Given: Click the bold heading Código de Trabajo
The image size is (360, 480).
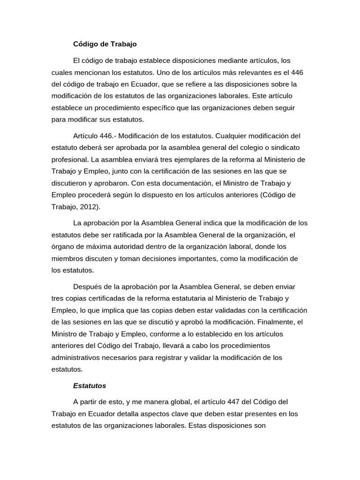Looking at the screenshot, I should tap(105, 44).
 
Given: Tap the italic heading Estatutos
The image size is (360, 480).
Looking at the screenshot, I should tap(90, 386).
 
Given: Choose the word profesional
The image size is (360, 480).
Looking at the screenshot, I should tap(70, 159).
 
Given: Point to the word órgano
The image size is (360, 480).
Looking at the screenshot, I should tap(63, 247).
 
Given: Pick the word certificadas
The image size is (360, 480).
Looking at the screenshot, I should tap(109, 299).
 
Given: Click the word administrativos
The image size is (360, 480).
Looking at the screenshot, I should tap(78, 357).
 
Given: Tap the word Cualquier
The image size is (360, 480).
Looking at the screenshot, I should tap(234, 136).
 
